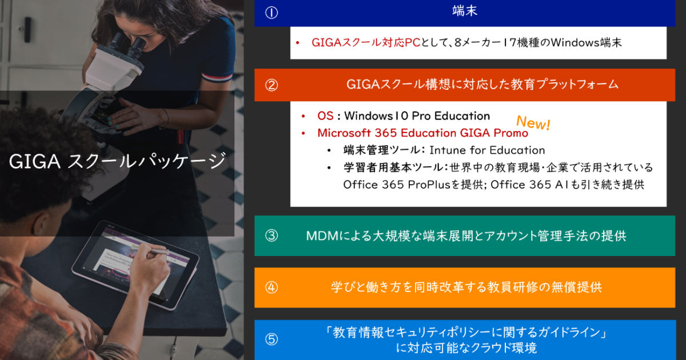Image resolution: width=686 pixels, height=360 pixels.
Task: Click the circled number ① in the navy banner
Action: [272, 13]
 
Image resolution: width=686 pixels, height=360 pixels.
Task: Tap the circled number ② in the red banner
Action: [272, 85]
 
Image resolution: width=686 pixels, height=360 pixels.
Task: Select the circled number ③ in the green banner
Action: [272, 235]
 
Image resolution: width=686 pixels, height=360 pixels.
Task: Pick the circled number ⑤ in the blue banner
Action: [272, 339]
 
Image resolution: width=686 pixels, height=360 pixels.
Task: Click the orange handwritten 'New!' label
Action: [533, 123]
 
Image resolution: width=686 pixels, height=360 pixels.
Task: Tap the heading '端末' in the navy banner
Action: [464, 11]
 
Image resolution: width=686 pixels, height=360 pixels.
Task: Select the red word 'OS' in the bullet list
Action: [325, 116]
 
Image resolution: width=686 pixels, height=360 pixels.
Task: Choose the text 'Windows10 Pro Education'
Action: [417, 116]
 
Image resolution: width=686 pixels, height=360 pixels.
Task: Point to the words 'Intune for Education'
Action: [486, 150]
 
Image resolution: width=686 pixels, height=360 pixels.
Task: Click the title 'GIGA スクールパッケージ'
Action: [117, 162]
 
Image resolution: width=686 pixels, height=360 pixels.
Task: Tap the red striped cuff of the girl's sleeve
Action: [213, 74]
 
